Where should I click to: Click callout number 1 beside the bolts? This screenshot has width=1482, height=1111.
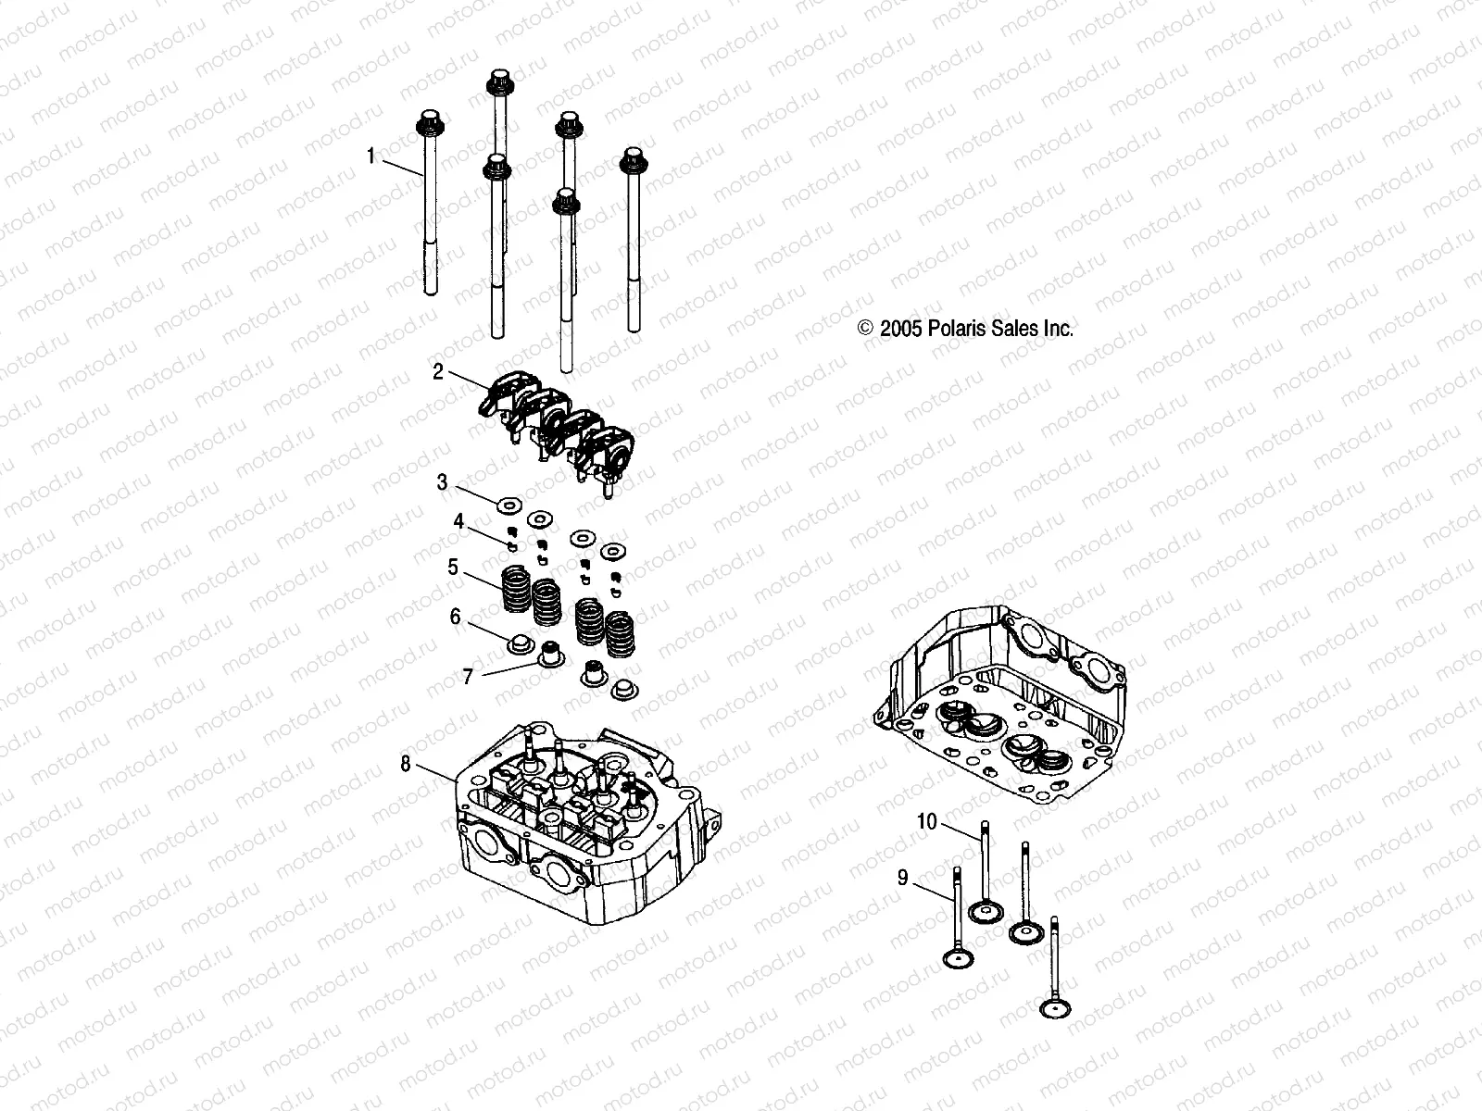[x=370, y=156]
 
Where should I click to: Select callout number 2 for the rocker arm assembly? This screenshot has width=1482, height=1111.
[x=438, y=372]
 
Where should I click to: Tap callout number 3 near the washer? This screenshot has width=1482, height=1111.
[x=443, y=482]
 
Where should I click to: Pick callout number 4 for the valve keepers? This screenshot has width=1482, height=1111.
[x=458, y=521]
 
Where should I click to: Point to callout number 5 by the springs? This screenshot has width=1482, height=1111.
[x=453, y=567]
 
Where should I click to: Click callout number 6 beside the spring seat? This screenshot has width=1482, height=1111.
[x=455, y=617]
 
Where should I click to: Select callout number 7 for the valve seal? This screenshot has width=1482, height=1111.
[x=468, y=677]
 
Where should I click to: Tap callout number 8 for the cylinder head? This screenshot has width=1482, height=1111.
[x=406, y=764]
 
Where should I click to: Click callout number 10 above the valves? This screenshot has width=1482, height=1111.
[x=927, y=821]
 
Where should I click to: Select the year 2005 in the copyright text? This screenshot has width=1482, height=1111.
[x=898, y=328]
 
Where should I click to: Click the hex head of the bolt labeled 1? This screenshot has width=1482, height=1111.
[x=429, y=122]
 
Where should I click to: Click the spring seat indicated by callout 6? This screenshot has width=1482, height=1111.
[x=520, y=642]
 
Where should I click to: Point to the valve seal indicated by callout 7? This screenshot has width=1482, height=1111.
[x=553, y=655]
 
